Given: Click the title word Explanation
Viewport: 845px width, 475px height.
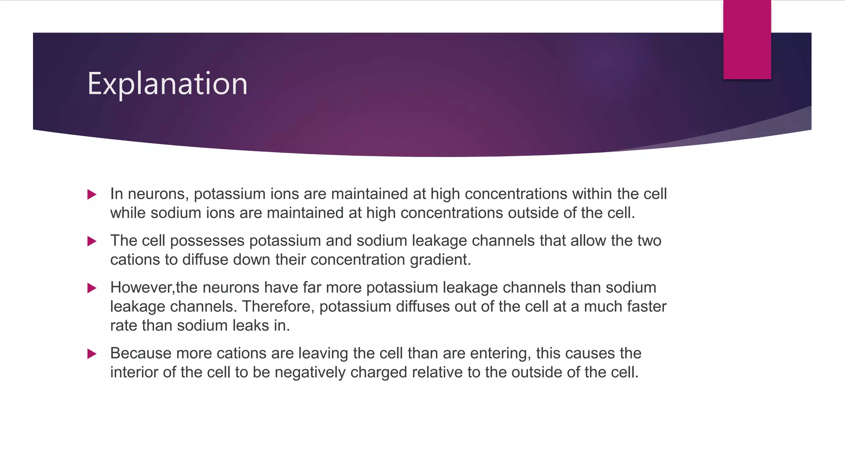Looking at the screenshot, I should pyautogui.click(x=167, y=84).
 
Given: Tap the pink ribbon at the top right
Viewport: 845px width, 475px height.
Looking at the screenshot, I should pyautogui.click(x=747, y=39).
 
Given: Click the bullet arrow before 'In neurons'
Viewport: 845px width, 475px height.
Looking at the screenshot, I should pyautogui.click(x=92, y=194).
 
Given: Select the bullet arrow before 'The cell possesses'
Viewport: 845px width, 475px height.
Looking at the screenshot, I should pyautogui.click(x=92, y=241).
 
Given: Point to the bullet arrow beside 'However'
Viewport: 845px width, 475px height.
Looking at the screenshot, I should pyautogui.click(x=92, y=288).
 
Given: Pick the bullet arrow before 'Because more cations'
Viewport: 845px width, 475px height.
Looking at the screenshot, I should pyautogui.click(x=92, y=354).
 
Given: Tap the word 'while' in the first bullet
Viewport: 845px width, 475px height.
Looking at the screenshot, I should pyautogui.click(x=128, y=213).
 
